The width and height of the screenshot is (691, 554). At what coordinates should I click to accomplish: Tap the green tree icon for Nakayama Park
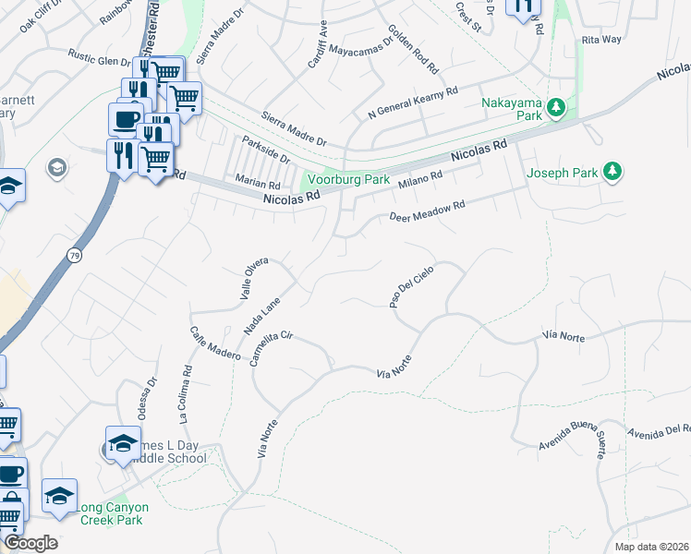pos(555,109)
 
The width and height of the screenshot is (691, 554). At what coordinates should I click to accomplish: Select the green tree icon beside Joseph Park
pos(611,171)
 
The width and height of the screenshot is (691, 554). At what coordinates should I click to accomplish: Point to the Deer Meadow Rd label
pos(426,211)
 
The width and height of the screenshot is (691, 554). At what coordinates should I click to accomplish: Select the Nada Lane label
pos(261,314)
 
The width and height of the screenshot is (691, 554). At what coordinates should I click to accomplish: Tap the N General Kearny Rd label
pos(413,102)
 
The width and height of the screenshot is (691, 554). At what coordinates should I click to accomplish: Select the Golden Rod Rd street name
pos(412,50)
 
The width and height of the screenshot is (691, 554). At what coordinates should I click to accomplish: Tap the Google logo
pos(30,542)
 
